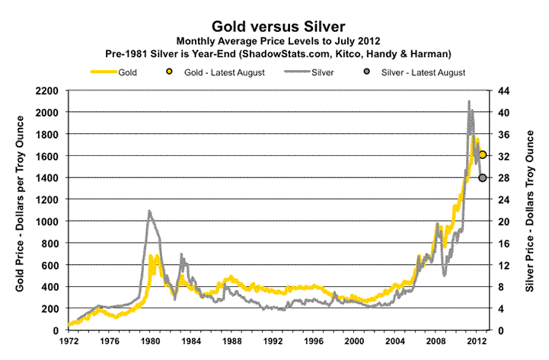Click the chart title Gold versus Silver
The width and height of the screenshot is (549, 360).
coord(274,24)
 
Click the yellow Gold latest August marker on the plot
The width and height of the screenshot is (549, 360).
coord(483,155)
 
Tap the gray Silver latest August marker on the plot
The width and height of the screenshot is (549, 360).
coord(483,178)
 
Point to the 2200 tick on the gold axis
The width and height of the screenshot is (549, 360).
coord(48,91)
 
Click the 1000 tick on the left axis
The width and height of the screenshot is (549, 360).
coord(48,221)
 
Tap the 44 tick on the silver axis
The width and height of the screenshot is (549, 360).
coord(504,91)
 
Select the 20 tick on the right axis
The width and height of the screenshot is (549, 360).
coord(504,221)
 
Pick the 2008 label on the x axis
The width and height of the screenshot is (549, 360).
coord(435,342)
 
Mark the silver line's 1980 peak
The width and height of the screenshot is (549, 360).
coord(149,211)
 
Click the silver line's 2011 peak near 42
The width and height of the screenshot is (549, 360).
coord(469,101)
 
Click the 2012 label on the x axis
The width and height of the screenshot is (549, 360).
coord(476,342)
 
